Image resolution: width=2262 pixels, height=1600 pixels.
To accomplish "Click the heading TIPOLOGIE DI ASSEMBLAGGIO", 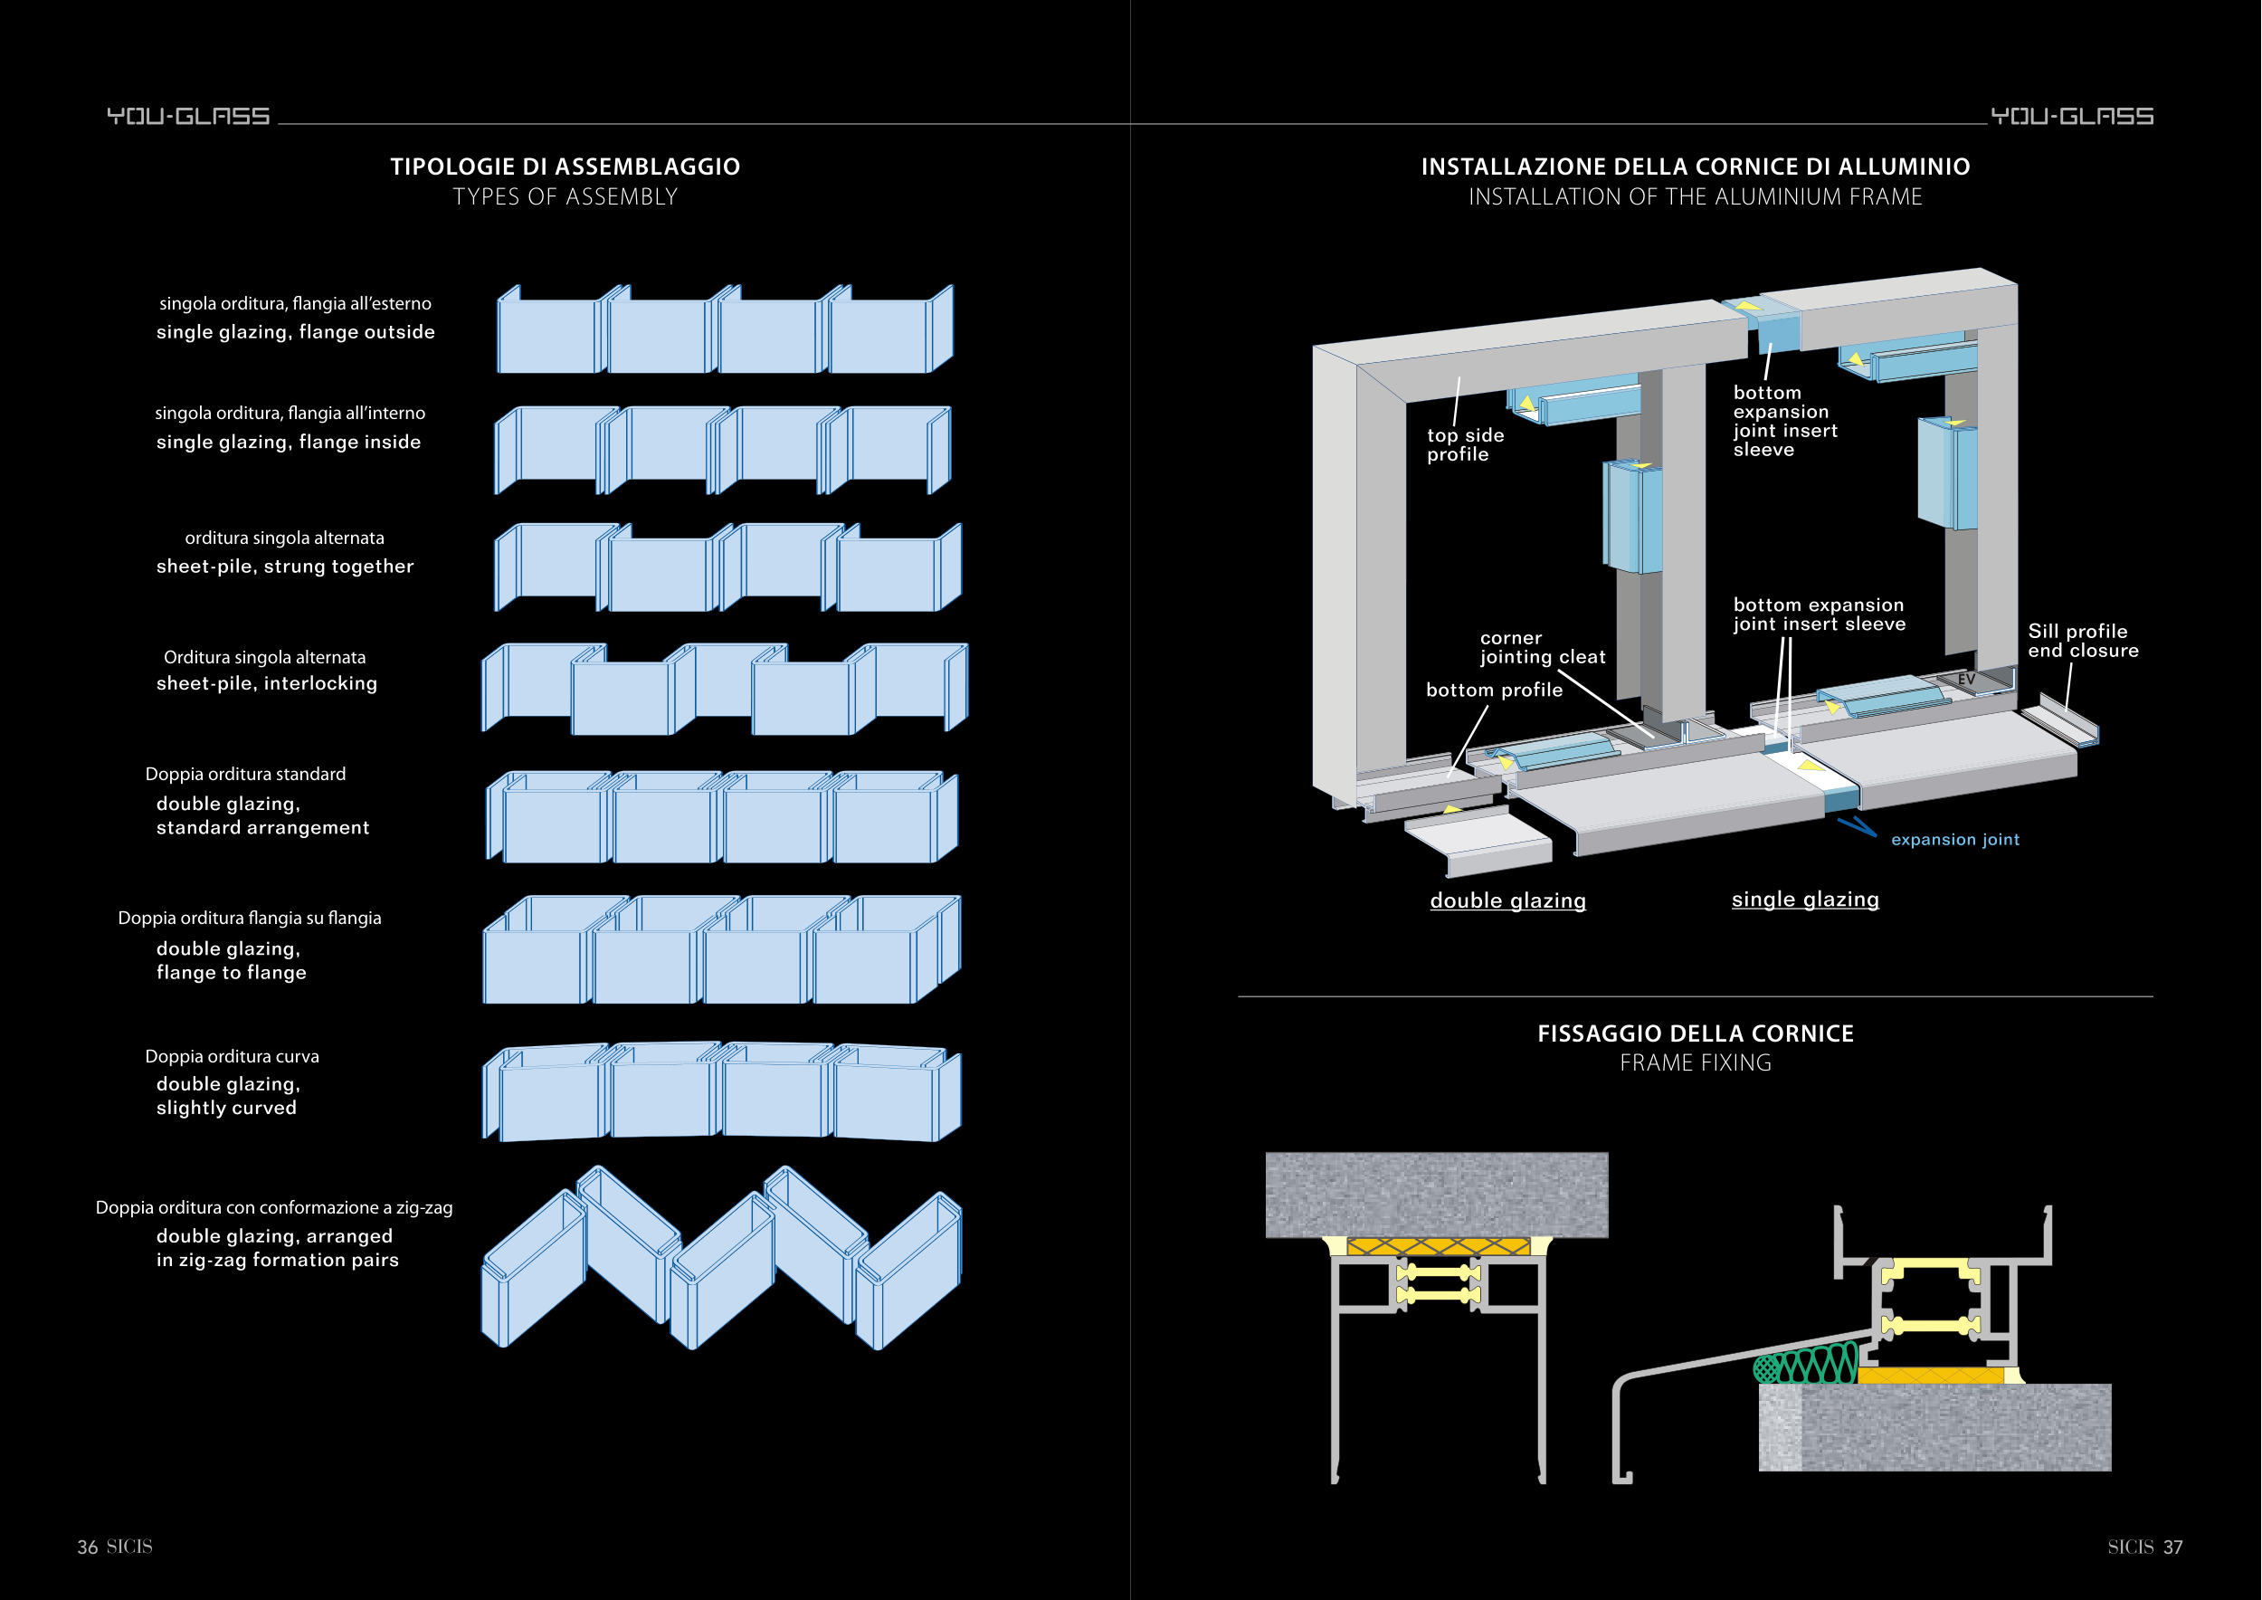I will coord(565,167).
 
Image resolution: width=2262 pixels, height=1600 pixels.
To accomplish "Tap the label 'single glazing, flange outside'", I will coord(296,332).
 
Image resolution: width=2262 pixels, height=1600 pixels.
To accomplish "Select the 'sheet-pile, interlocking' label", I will coord(267,682).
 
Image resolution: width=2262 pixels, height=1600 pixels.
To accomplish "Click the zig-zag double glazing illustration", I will coord(721,1258).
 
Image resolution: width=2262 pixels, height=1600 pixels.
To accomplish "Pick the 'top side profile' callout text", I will coord(1464,444).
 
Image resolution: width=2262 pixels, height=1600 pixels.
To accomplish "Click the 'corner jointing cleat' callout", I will coord(1542,647).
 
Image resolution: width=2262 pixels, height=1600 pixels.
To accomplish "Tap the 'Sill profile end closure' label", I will coord(2083,641).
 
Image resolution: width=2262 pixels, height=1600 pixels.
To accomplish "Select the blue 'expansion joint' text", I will coord(1954,840).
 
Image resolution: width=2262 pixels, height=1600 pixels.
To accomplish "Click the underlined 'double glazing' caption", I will coord(1507,900).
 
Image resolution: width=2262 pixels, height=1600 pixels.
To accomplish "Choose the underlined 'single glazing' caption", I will coord(1805,900).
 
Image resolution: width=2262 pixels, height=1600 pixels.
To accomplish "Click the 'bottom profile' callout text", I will coord(1494,690).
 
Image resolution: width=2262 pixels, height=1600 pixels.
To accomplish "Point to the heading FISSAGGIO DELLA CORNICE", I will coord(1695,1033).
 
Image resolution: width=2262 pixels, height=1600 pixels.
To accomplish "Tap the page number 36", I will coord(88,1547).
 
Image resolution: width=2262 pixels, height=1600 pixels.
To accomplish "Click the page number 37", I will coord(2172,1547).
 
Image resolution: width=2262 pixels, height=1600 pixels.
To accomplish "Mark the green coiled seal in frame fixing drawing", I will coord(1805,1366).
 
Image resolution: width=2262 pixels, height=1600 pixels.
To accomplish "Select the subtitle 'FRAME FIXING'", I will coord(1695,1063).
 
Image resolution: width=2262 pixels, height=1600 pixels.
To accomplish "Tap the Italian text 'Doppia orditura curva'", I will coord(233,1056).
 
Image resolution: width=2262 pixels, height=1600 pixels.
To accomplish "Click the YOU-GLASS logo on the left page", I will coord(188,116).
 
